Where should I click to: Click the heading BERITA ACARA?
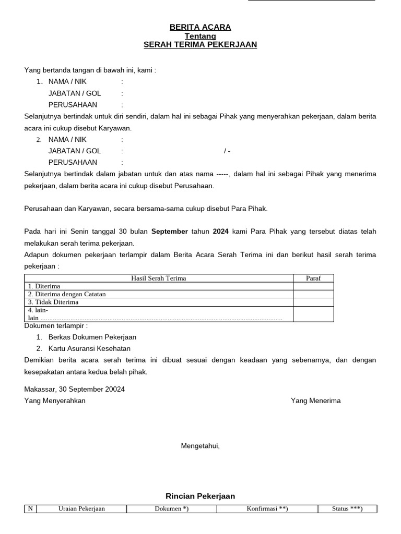200,27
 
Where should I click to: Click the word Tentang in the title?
200,36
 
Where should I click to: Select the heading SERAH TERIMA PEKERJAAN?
200,45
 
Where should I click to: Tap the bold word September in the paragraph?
170,232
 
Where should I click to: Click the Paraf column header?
313,278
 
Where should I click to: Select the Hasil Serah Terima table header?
158,278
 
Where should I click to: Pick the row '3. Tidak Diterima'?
53,302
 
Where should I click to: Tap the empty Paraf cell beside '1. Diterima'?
313,286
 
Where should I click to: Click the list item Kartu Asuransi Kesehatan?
89,348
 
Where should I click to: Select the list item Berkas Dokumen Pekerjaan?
92,337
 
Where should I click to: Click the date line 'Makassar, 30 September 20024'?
75,389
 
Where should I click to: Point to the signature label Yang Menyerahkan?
55,400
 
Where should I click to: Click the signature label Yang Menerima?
315,400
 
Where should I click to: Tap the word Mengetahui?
200,445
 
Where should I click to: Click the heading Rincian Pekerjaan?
200,496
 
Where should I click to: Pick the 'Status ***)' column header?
347,509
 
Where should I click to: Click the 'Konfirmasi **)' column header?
267,509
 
